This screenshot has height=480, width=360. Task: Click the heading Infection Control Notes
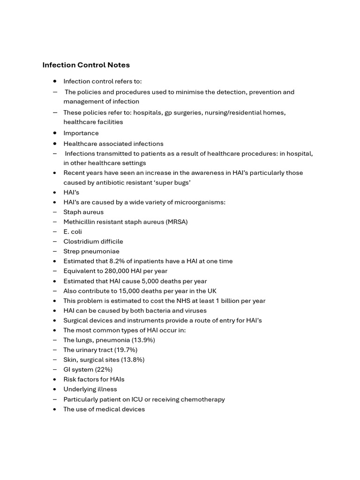click(86, 65)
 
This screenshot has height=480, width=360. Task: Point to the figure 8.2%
click(117, 261)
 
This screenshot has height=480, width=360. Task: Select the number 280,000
click(117, 271)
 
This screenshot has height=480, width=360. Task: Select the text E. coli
click(73, 232)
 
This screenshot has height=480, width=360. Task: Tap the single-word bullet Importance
click(81, 133)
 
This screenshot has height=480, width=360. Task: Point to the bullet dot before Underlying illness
click(55, 389)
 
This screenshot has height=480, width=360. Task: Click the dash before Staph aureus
click(55, 212)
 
